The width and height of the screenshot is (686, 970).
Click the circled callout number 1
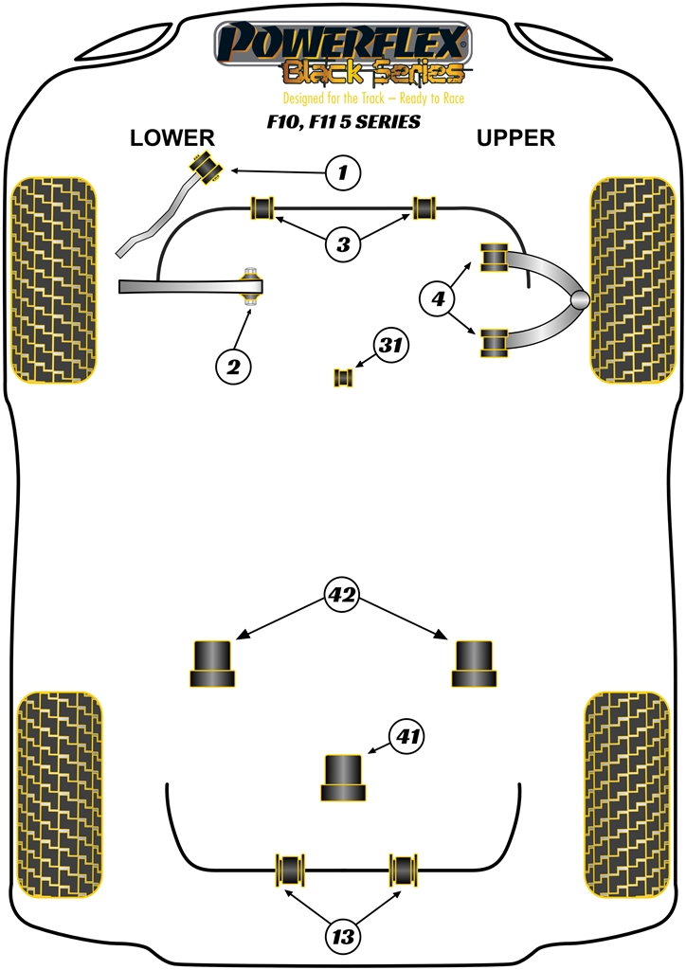[x=344, y=173]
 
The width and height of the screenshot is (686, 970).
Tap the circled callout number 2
[x=233, y=364]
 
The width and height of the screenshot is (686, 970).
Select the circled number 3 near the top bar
[x=343, y=244]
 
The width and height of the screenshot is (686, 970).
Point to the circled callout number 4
[x=439, y=300]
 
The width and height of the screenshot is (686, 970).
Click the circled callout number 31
[x=390, y=347]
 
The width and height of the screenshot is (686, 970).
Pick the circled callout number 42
[x=342, y=595]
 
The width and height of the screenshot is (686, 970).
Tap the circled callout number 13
[x=343, y=937]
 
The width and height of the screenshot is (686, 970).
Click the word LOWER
[x=172, y=138]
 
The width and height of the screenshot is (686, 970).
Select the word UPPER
[x=515, y=138]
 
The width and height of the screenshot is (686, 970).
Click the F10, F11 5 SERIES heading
[x=343, y=122]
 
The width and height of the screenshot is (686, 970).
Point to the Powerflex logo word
[x=342, y=43]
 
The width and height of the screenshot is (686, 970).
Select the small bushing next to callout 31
[x=344, y=377]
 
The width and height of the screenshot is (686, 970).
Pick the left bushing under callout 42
[x=212, y=663]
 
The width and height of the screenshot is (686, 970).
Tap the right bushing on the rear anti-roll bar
[x=406, y=868]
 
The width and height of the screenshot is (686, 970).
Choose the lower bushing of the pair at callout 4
[x=494, y=343]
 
